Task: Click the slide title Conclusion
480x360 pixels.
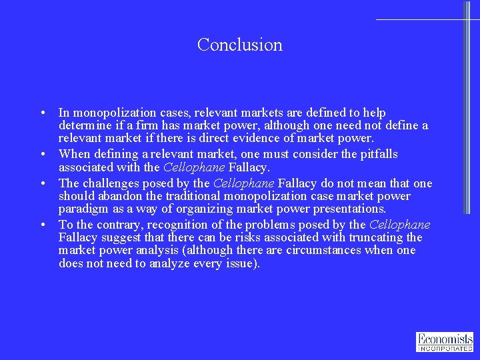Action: click(x=240, y=45)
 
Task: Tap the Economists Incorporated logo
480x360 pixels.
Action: click(x=445, y=341)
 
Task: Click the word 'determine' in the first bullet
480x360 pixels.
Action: click(x=84, y=126)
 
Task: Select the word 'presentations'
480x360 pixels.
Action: click(x=345, y=209)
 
